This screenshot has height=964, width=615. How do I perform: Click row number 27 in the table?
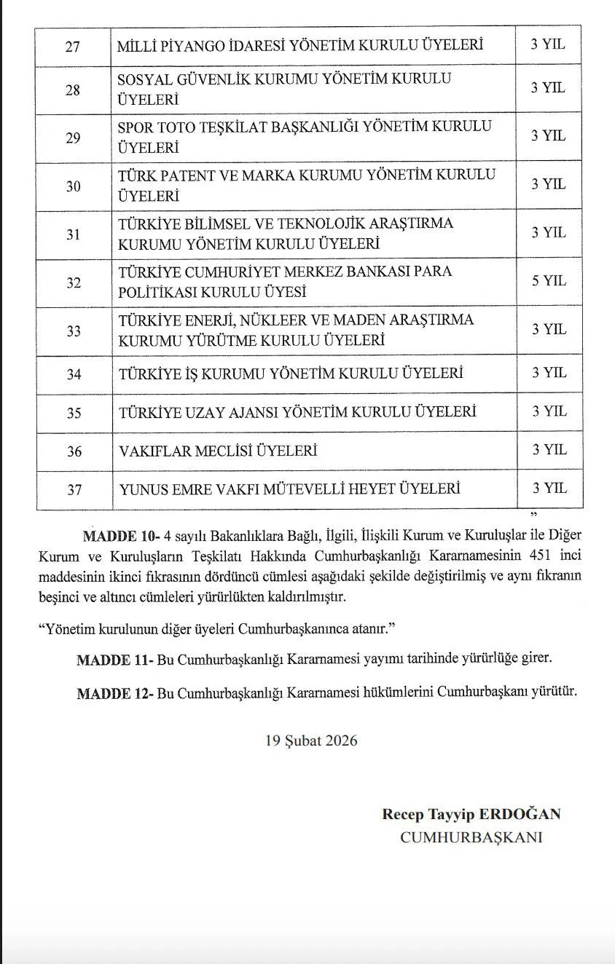tap(73, 46)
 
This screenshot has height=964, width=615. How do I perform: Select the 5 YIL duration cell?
tap(549, 281)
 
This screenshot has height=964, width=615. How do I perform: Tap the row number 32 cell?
tap(74, 283)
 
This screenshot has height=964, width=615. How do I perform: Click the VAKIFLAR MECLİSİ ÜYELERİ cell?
tap(218, 451)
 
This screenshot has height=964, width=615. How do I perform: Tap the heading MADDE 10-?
tap(121, 537)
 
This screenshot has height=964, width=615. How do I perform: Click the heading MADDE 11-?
tap(114, 660)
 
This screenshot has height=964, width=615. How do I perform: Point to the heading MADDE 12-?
tap(114, 693)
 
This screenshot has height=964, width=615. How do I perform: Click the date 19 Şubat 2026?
tap(311, 740)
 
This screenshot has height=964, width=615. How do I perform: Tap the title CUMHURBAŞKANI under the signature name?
tap(471, 837)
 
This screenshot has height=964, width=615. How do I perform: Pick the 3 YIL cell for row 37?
tap(549, 489)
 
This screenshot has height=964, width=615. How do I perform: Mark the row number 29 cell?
tap(74, 138)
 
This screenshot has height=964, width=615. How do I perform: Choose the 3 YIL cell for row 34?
tap(549, 374)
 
